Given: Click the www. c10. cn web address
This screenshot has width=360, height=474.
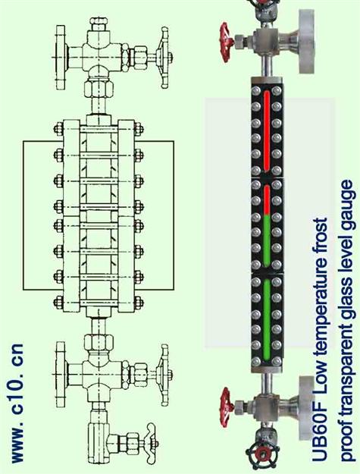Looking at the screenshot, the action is pyautogui.click(x=17, y=403).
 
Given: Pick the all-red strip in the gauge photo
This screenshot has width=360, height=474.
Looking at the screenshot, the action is pyautogui.click(x=267, y=130).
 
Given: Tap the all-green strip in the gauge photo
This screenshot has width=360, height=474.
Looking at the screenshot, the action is pyautogui.click(x=267, y=321).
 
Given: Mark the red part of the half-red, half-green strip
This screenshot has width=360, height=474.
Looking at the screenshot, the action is pyautogui.click(x=267, y=200).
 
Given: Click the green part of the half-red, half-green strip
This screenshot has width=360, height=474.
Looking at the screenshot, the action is pyautogui.click(x=267, y=241).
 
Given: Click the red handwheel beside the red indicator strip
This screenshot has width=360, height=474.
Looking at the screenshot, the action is pyautogui.click(x=226, y=42).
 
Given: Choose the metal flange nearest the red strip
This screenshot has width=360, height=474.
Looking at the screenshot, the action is pyautogui.click(x=307, y=41).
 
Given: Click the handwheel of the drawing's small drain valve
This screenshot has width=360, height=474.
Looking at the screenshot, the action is pyautogui.click(x=150, y=443).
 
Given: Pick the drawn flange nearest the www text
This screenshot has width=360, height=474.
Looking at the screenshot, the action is pyautogui.click(x=61, y=374).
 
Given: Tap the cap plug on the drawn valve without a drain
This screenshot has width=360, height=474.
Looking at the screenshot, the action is pyautogui.click(x=99, y=24).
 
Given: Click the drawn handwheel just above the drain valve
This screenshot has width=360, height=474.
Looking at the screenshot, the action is pyautogui.click(x=165, y=375).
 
